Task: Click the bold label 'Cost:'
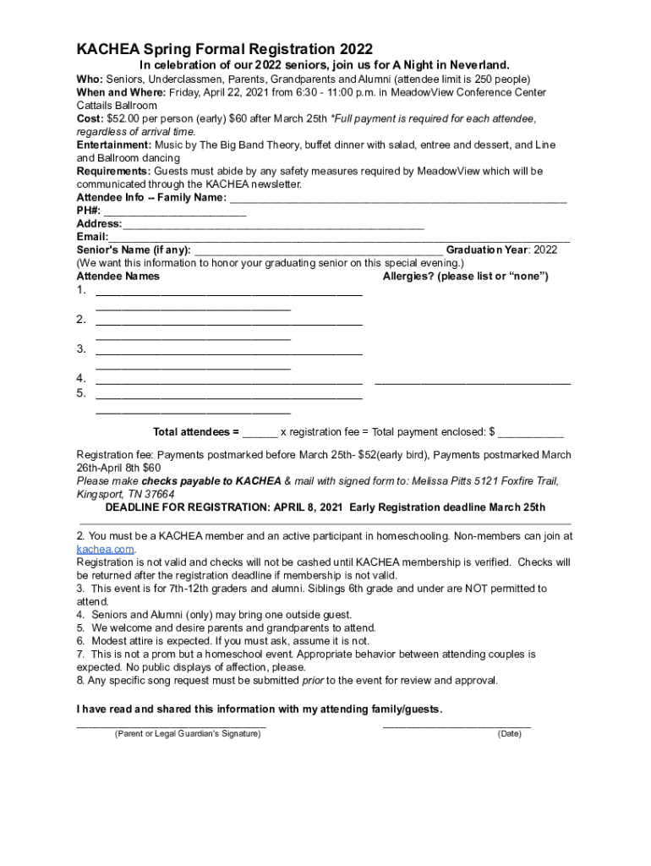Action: [x=90, y=118]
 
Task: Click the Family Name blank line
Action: [x=397, y=200]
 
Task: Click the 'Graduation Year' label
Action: [x=487, y=249]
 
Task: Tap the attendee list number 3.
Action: [x=81, y=348]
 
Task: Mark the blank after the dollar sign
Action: [x=530, y=434]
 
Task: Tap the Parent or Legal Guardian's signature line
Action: [x=172, y=724]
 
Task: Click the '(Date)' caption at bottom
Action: [x=509, y=734]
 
